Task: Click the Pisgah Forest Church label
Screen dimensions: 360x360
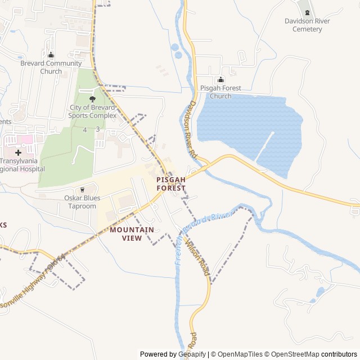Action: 220,92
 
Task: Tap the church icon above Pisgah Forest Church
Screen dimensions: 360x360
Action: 220,80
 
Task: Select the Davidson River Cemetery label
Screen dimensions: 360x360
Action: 307,25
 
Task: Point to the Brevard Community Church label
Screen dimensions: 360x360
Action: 51,67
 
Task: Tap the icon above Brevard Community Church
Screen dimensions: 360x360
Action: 51,55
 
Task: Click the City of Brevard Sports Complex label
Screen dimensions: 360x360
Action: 93,111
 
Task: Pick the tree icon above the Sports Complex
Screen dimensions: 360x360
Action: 93,99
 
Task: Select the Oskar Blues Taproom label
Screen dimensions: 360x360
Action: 82,202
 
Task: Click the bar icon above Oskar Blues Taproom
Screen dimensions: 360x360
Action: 82,190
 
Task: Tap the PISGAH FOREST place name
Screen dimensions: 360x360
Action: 171,183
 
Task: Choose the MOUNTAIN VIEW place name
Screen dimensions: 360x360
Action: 132,234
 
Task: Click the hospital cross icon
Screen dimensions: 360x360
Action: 19,152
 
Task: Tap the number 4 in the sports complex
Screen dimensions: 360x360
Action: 85,130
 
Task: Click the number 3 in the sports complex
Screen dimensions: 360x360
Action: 98,129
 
